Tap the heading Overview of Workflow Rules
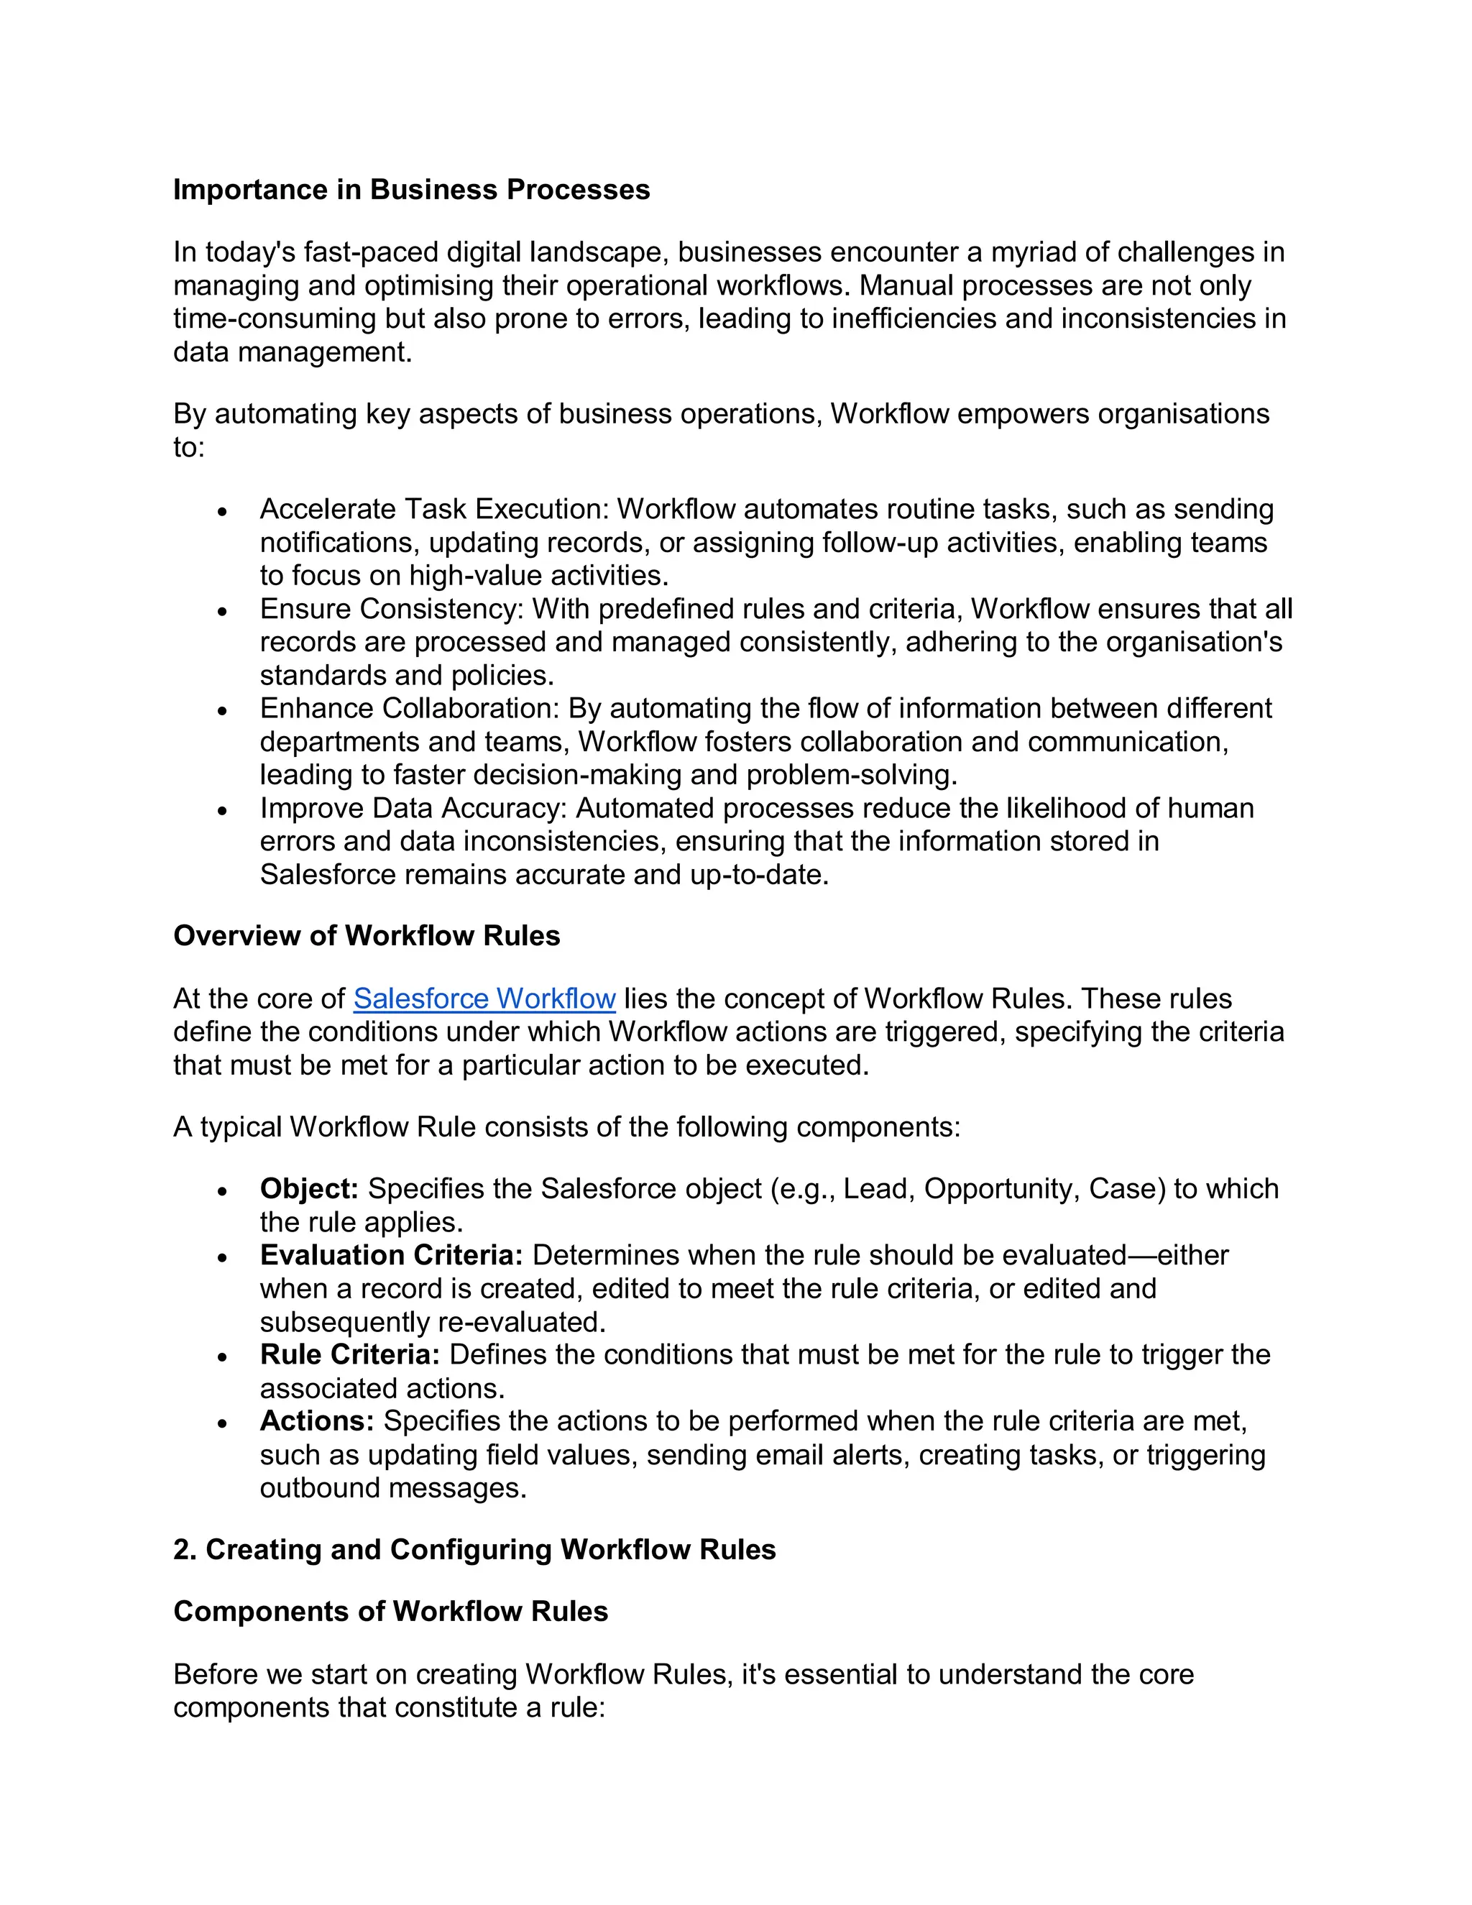(x=367, y=935)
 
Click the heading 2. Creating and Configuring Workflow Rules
(x=474, y=1549)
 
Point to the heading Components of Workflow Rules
(x=391, y=1611)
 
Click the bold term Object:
(x=308, y=1188)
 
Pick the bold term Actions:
(x=316, y=1421)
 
